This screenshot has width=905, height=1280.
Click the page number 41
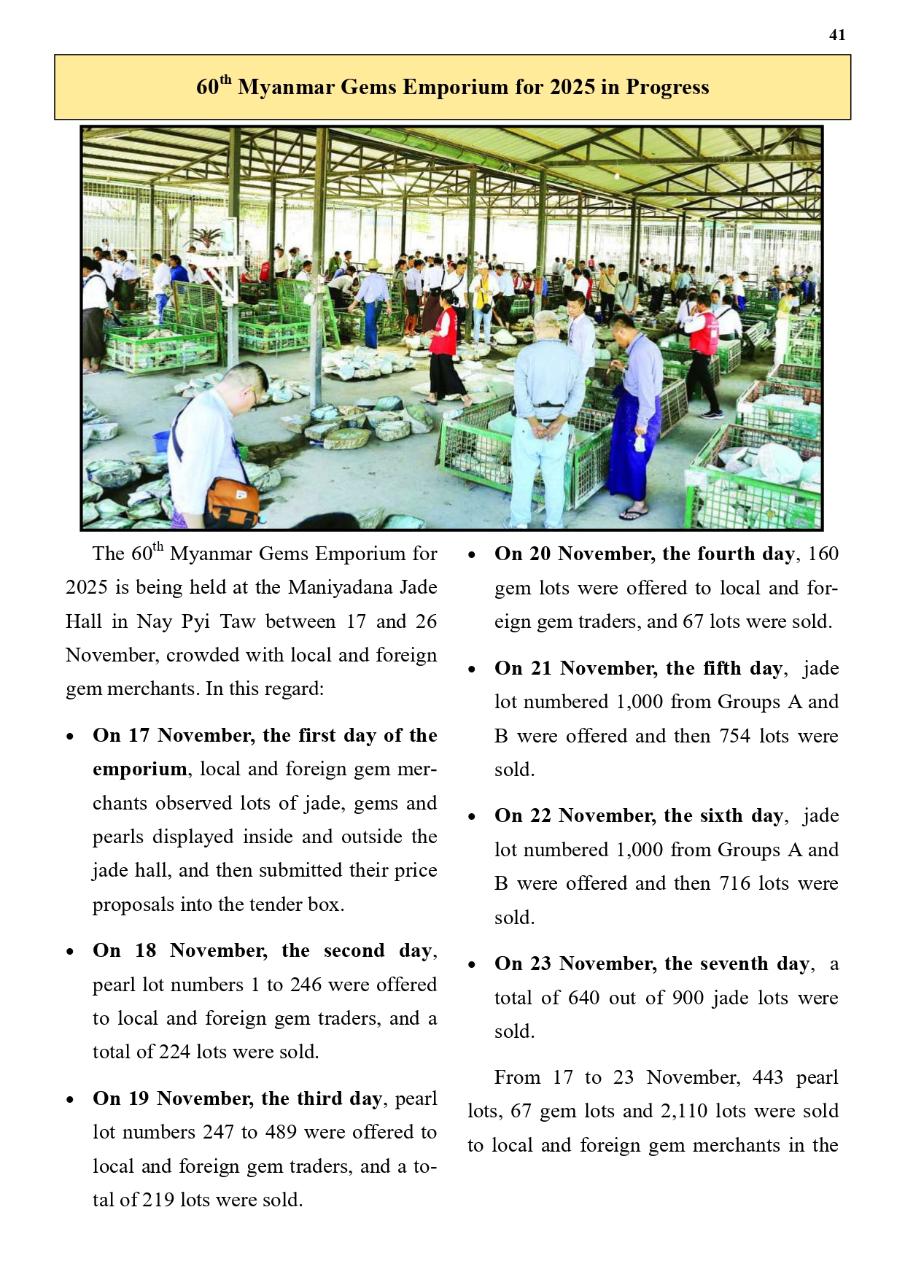click(837, 35)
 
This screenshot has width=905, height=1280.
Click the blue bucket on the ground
click(161, 441)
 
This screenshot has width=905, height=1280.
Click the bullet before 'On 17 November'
click(70, 737)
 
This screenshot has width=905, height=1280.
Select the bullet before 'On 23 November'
click(472, 965)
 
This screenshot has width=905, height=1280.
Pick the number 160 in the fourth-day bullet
click(823, 554)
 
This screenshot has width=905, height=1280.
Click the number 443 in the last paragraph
click(767, 1077)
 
